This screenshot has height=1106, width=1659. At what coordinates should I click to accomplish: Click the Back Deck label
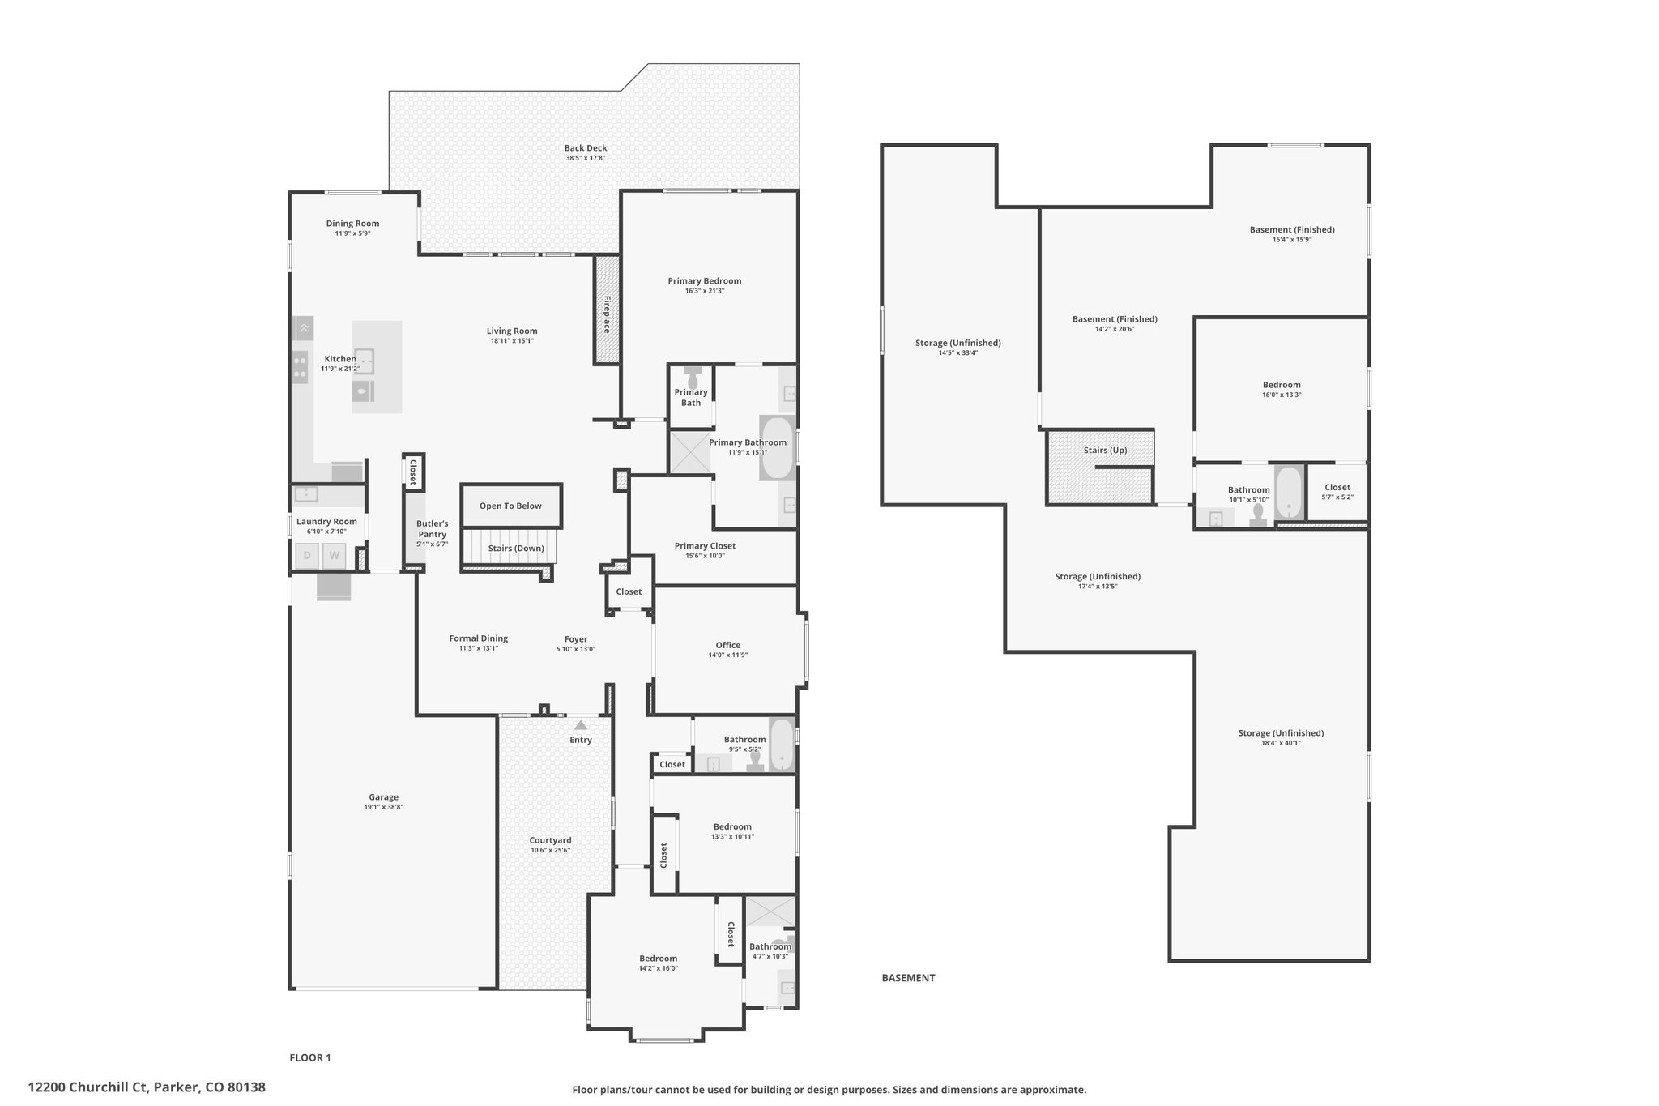[585, 148]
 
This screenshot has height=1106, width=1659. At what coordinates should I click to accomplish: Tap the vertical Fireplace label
[606, 314]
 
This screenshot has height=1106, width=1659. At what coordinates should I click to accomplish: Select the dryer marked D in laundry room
[307, 556]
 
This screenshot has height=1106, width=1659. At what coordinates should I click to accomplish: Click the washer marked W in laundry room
[334, 556]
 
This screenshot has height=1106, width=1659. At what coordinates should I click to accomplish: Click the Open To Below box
[510, 506]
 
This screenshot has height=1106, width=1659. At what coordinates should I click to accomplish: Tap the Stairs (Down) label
[516, 549]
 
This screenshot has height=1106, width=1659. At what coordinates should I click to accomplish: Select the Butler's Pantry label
[432, 529]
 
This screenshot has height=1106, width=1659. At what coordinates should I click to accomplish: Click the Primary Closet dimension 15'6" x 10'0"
[705, 556]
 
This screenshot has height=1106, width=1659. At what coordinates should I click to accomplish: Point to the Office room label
[727, 645]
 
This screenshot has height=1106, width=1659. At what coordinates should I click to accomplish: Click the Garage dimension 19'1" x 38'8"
[383, 807]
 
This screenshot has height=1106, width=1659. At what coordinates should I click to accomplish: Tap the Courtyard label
[550, 840]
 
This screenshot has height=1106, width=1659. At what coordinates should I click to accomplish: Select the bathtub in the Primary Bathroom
[778, 448]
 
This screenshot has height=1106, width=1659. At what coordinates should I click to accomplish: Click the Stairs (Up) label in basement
[1105, 451]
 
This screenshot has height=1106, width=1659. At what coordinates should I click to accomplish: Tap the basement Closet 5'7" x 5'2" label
[1337, 488]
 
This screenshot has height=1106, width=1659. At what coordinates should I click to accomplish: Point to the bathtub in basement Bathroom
[1288, 493]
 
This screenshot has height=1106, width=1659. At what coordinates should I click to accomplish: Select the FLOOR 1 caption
[310, 1057]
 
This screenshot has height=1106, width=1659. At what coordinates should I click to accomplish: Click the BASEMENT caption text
[908, 978]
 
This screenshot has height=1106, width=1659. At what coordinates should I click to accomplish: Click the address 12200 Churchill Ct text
[147, 1087]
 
